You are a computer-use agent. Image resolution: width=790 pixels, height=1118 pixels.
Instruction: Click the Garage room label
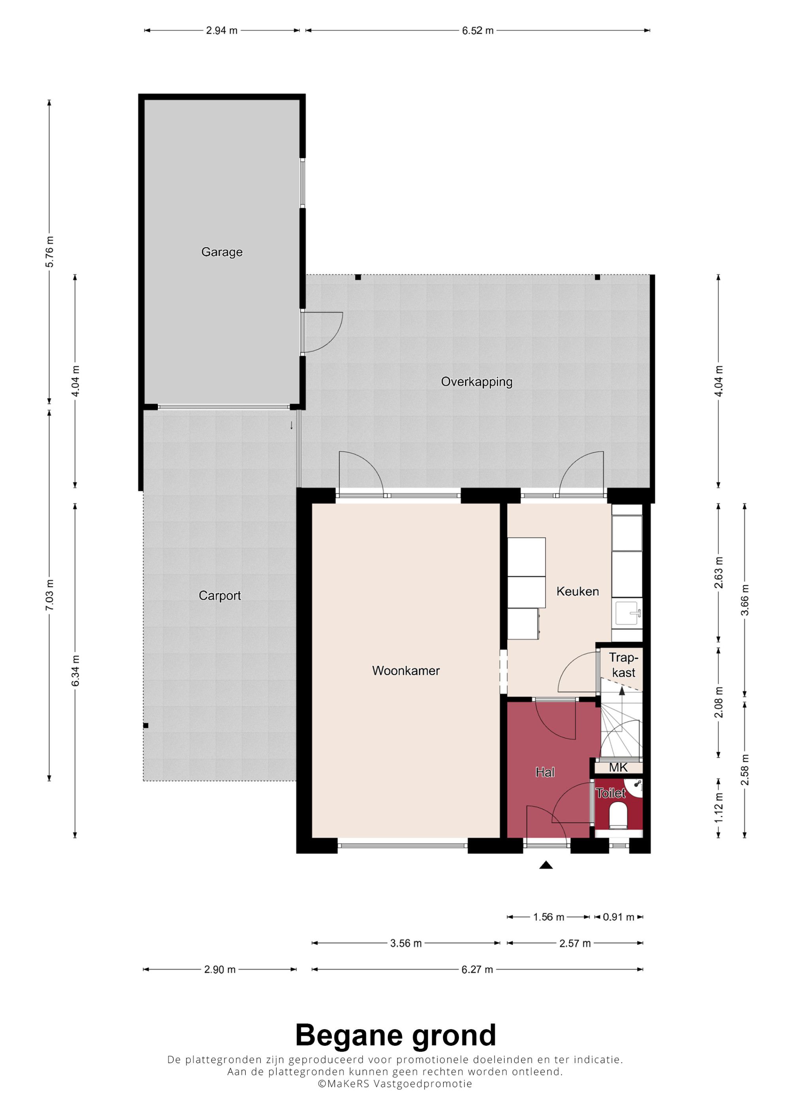click(222, 252)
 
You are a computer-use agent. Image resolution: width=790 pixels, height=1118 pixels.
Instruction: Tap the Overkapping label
click(476, 382)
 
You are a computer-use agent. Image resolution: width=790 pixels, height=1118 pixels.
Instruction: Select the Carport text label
click(220, 595)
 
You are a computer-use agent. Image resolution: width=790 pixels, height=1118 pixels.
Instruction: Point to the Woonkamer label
click(406, 670)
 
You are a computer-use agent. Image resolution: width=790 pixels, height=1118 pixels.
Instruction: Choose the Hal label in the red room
click(545, 772)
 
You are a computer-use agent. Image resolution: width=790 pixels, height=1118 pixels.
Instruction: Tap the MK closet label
click(618, 768)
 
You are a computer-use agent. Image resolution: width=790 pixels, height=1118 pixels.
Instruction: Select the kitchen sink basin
click(627, 613)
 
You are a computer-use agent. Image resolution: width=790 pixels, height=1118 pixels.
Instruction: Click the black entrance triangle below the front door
click(546, 865)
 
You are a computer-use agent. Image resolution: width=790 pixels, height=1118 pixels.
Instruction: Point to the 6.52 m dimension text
click(478, 31)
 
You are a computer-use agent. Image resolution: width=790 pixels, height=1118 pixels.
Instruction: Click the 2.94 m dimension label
click(222, 31)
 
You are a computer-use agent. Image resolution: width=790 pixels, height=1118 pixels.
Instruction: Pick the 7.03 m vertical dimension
click(49, 595)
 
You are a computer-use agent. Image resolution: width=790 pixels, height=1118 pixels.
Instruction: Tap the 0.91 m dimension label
click(618, 917)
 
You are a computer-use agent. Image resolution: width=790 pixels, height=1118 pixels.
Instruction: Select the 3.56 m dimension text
click(406, 943)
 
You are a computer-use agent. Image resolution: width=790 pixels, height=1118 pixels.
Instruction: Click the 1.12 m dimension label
click(719, 808)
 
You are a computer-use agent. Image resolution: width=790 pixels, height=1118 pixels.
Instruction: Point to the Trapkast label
click(624, 665)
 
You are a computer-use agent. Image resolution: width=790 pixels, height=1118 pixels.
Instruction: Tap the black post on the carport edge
click(145, 726)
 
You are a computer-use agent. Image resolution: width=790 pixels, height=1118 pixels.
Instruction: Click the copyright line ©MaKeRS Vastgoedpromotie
click(395, 1083)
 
